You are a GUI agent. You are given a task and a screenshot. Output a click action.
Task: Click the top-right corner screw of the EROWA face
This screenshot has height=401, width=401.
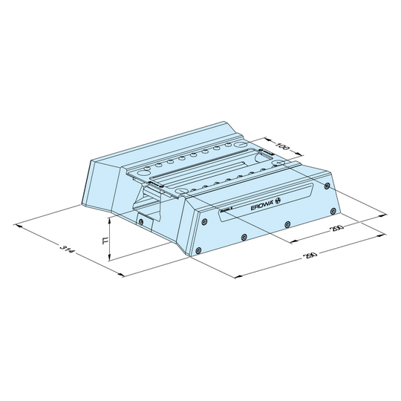[x=329, y=185]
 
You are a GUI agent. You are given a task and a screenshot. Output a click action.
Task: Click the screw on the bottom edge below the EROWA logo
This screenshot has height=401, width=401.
[x=287, y=224]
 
